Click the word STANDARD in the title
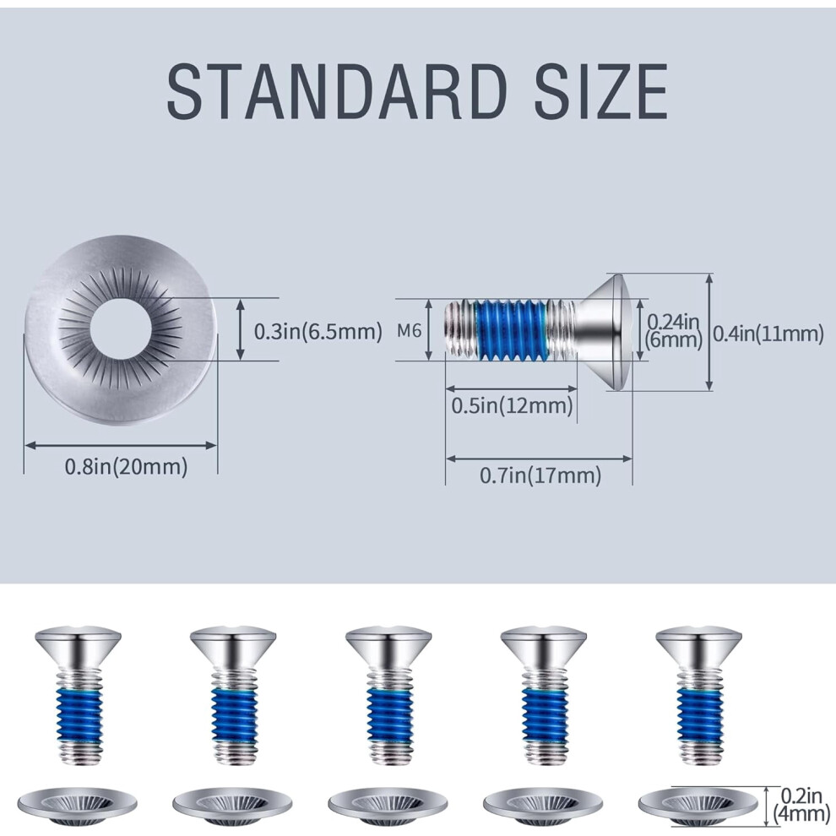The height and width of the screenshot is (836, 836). tap(337, 91)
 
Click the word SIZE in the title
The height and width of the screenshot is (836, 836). tap(601, 91)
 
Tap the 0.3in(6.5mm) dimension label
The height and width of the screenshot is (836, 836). tap(318, 331)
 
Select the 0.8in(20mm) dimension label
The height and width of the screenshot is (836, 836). tap(127, 466)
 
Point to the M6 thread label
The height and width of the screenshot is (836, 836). tap(409, 330)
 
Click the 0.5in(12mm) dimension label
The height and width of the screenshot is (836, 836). tap(512, 405)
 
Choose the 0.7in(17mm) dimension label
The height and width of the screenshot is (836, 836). tap(540, 475)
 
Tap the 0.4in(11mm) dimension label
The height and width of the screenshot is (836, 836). tap(768, 334)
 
